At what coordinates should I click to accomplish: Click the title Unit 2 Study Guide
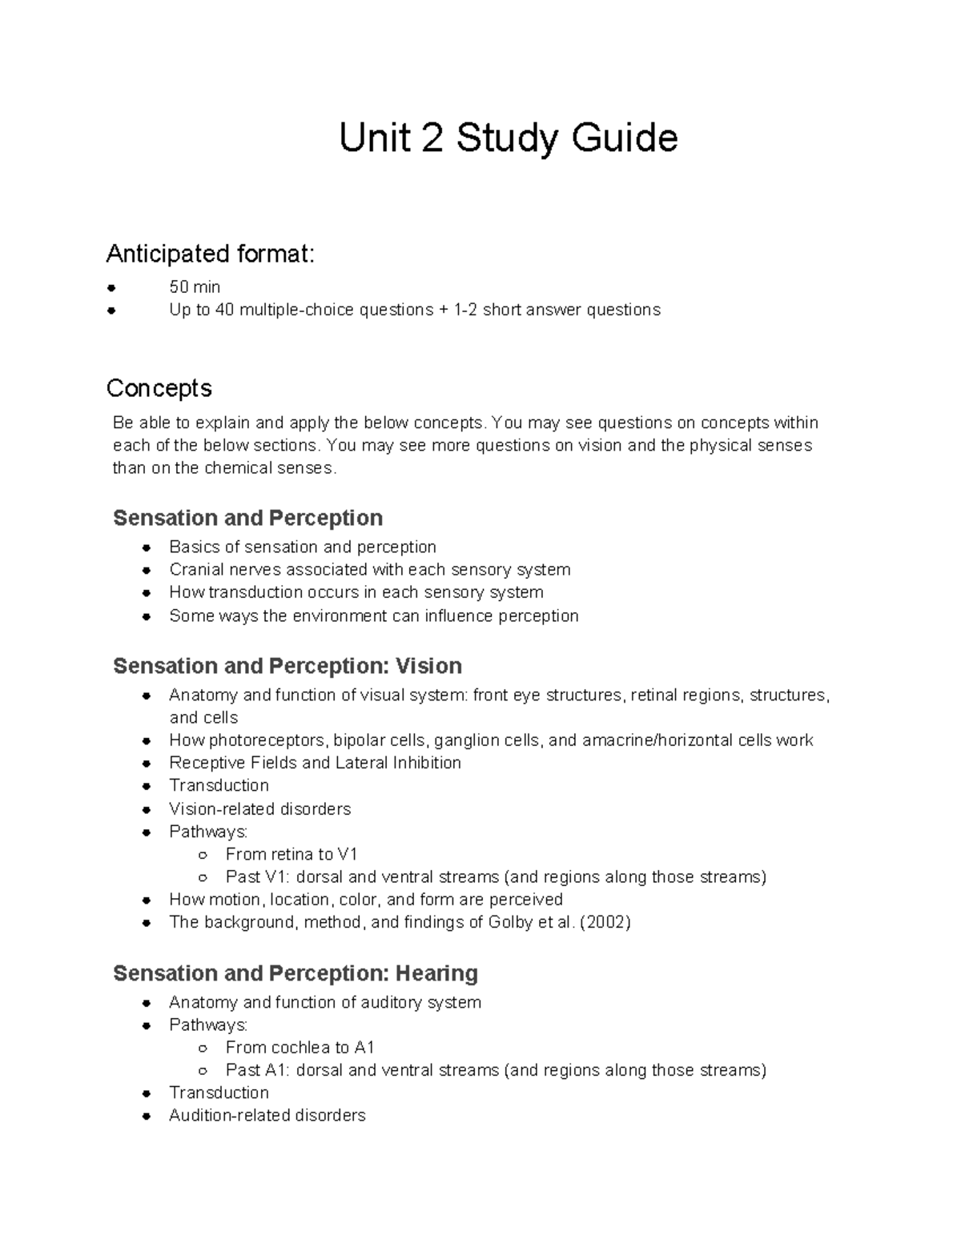(508, 138)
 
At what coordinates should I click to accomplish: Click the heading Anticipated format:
(211, 254)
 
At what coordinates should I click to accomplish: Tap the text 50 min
(195, 287)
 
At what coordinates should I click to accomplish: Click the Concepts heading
(159, 388)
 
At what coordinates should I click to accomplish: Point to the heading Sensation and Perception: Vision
(287, 666)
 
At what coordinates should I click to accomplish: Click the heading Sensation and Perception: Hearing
(296, 973)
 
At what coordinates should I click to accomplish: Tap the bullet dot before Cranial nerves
(147, 571)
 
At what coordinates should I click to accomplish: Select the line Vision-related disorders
(259, 808)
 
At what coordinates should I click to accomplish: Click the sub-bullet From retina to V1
(291, 854)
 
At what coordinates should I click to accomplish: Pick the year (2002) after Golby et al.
(605, 922)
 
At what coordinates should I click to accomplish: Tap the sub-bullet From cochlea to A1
(300, 1047)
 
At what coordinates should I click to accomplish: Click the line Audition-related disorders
(267, 1115)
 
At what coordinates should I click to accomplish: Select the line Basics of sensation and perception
(302, 547)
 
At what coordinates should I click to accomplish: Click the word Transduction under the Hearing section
(219, 1093)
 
